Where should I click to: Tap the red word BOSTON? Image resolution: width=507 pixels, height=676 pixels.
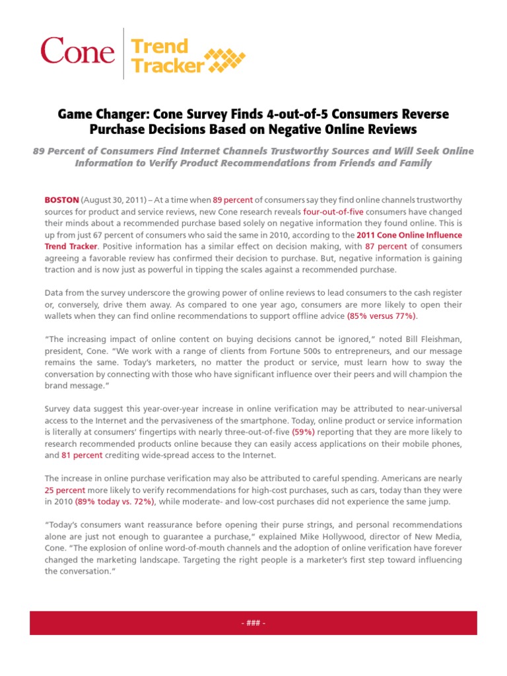[62, 199]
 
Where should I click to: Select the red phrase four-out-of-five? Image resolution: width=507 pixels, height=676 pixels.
[333, 211]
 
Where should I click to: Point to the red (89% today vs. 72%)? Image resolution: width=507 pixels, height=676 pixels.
[116, 502]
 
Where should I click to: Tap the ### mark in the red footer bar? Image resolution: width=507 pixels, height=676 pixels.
[253, 623]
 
